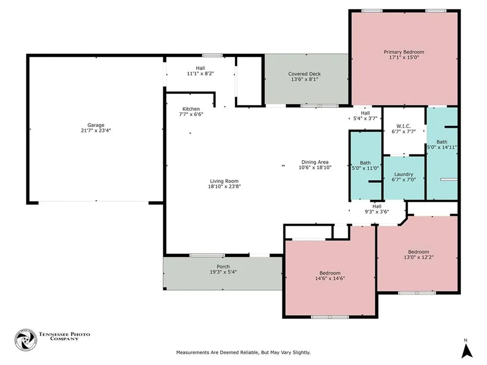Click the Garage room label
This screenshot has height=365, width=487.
coord(96,125)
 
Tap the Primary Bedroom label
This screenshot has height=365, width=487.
coord(404,52)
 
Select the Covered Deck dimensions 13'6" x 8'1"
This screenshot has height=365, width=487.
coord(304,79)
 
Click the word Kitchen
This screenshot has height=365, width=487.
coord(191,109)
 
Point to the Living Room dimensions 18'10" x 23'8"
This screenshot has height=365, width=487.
coord(224,186)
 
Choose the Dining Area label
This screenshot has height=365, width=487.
coord(315,162)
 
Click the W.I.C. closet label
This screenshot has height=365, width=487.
coord(403,126)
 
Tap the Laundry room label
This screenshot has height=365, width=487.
coord(404,174)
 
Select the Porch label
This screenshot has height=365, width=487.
coord(224,266)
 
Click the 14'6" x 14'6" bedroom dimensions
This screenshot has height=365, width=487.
coord(330,279)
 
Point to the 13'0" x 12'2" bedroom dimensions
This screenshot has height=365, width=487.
coord(419,257)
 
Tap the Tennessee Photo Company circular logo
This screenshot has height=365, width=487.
coord(26,340)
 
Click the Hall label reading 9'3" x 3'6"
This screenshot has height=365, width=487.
coord(377,209)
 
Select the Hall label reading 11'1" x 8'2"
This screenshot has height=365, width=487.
coord(200,71)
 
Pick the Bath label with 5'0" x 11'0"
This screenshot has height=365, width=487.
coord(365,165)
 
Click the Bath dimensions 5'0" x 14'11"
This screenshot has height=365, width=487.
coord(442,147)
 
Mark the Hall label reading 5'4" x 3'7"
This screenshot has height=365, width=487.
coord(365,115)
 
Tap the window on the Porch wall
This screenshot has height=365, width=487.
coord(207,255)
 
